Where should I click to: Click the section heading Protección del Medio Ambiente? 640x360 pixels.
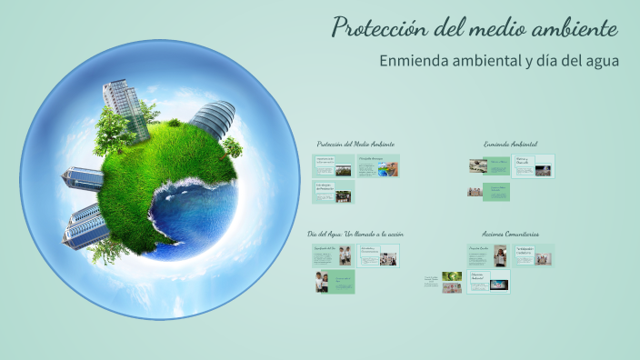pos(355,144)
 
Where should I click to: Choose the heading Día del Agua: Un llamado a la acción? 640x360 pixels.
pos(355,234)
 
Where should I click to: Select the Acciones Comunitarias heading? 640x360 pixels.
pos(510,234)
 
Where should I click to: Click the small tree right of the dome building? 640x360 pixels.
pos(234,146)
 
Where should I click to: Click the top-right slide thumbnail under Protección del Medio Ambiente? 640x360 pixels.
pos(378,166)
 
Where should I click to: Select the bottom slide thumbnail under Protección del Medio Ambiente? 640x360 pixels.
pos(334,191)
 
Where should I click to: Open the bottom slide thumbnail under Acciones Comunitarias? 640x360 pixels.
pos(489,282)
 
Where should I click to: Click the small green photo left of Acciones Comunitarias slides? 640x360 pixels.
pos(452,276)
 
